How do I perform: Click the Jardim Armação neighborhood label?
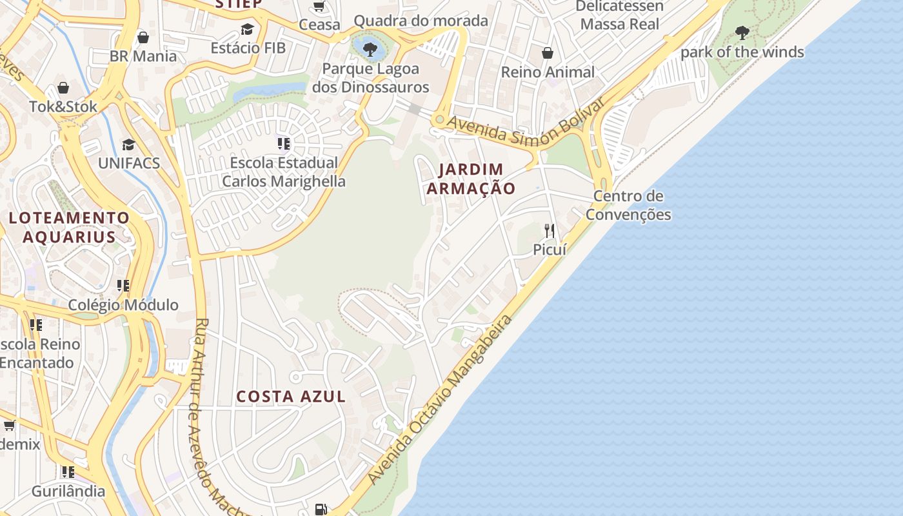tap(471, 179)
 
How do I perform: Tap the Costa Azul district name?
tap(291, 396)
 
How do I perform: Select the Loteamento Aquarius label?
tap(69, 227)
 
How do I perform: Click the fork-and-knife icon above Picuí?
tap(550, 230)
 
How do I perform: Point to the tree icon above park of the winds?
tap(742, 32)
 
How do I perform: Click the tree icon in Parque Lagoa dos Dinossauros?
tap(370, 48)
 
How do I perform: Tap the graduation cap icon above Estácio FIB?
tap(247, 29)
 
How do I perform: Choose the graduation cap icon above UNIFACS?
tap(129, 144)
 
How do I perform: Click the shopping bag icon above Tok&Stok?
tap(63, 88)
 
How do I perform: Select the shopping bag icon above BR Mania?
tap(143, 37)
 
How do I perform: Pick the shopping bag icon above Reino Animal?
tap(548, 53)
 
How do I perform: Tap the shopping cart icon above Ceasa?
tap(319, 6)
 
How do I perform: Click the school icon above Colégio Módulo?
tap(123, 285)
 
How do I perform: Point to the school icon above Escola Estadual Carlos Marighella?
tap(283, 143)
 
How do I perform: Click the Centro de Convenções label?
tap(628, 205)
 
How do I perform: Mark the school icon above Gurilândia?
tap(68, 471)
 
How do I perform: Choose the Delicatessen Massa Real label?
tap(619, 15)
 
